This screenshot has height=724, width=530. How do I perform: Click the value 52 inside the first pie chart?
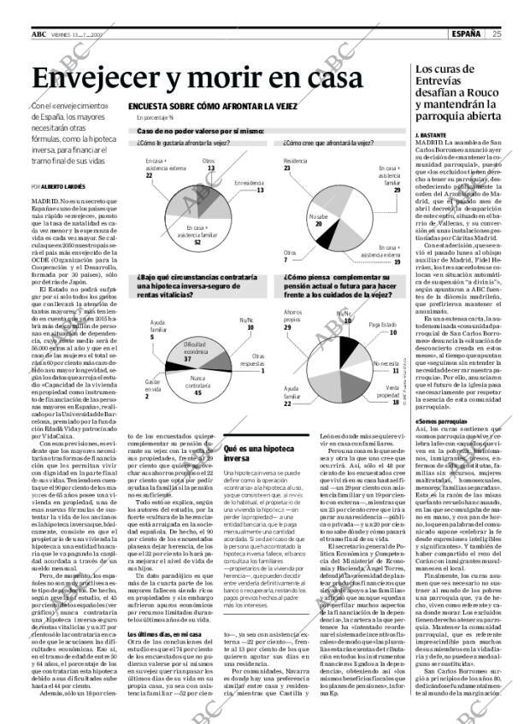[x=197, y=242]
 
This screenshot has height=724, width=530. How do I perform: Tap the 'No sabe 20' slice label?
[x=319, y=220]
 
